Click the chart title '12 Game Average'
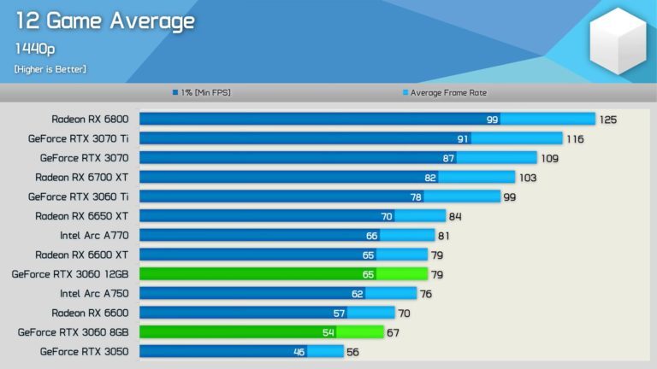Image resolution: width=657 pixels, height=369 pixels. (104, 20)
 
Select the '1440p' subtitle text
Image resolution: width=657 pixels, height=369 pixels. (34, 49)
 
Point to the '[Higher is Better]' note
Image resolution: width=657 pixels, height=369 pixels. (50, 68)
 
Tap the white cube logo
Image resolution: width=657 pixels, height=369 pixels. (618, 40)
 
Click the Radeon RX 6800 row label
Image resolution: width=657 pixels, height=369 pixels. (90, 119)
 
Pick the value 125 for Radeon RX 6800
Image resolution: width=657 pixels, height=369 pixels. (607, 120)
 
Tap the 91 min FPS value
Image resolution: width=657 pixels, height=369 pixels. (463, 138)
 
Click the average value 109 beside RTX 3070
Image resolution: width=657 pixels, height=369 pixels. (548, 158)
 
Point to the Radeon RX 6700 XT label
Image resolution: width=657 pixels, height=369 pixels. (82, 177)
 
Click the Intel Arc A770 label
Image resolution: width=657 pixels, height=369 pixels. (94, 235)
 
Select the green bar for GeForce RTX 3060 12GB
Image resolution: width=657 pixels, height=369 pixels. (283, 274)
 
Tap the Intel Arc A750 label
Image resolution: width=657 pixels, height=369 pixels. (94, 293)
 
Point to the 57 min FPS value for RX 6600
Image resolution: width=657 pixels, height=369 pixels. (340, 313)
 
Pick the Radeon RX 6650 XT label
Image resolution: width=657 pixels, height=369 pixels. (82, 216)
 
